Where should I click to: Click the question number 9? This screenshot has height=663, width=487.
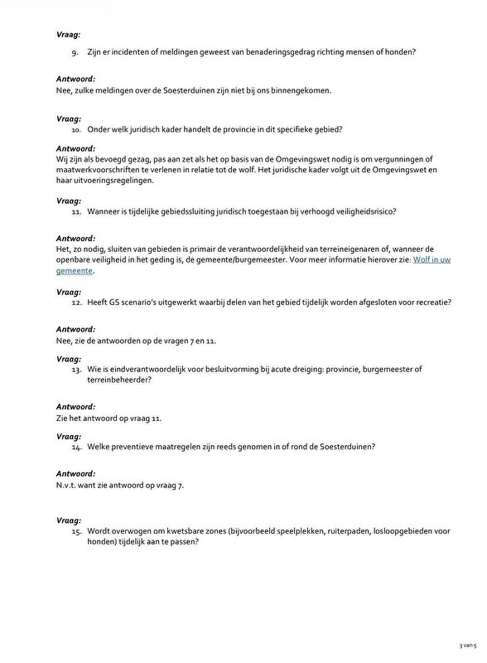(x=77, y=53)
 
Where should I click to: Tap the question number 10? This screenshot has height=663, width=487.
(x=76, y=129)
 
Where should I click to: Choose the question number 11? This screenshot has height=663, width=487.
(x=76, y=211)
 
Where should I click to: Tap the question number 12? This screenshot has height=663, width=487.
(x=76, y=302)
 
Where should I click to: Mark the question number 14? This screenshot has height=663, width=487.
(x=76, y=447)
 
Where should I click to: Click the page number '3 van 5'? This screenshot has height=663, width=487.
(x=468, y=643)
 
